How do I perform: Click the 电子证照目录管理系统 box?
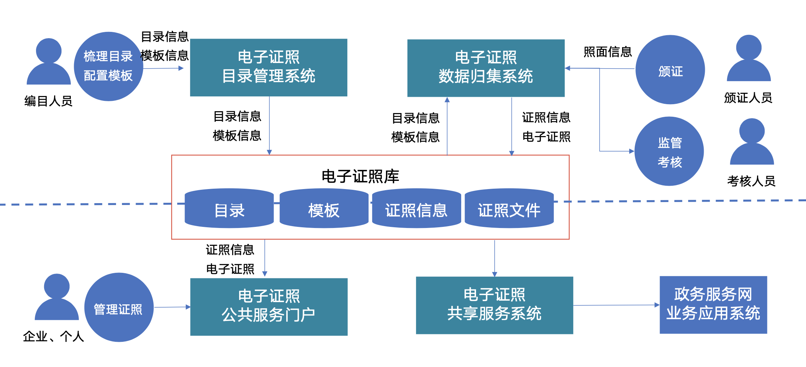[268, 67]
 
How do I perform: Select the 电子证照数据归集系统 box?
[486, 68]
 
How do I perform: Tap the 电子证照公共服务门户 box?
[268, 307]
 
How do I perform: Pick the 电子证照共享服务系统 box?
[494, 305]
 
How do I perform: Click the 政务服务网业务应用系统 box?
[713, 305]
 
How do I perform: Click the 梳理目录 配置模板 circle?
[108, 66]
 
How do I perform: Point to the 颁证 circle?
[670, 70]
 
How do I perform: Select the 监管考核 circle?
[669, 151]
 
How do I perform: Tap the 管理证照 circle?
[119, 307]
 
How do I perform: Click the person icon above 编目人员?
[49, 62]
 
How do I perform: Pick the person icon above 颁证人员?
[749, 59]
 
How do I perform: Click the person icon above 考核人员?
[752, 142]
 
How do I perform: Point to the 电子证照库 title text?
[360, 176]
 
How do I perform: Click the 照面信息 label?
[607, 52]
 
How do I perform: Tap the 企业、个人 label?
[53, 336]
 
